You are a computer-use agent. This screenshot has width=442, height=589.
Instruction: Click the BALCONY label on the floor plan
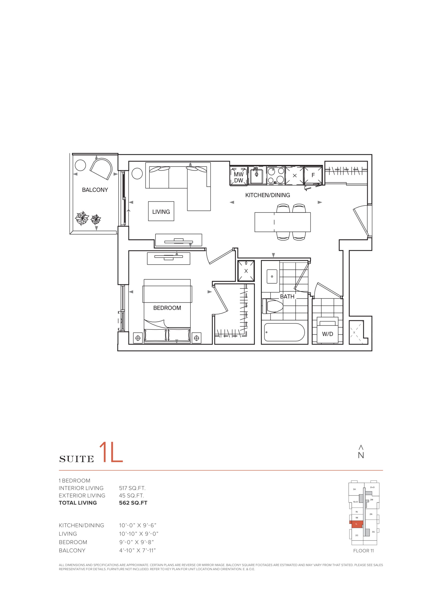(95, 190)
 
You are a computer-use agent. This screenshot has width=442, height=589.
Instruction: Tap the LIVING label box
(161, 211)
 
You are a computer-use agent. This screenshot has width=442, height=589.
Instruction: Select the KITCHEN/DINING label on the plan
(268, 195)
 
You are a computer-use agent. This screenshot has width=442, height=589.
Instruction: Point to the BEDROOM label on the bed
(167, 308)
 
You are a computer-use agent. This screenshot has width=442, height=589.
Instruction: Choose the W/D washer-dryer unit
(327, 330)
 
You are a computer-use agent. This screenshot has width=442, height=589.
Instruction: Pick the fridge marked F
(313, 175)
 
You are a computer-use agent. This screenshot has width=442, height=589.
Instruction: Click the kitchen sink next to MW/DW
(257, 176)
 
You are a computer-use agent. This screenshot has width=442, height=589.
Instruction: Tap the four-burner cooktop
(276, 176)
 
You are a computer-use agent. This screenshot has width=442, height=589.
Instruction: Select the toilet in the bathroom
(272, 306)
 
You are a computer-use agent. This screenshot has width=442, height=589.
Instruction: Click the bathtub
(284, 332)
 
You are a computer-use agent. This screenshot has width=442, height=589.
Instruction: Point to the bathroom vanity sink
(272, 276)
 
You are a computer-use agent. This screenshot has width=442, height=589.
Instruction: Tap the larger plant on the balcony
(82, 218)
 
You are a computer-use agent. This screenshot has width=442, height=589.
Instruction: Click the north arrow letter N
(361, 455)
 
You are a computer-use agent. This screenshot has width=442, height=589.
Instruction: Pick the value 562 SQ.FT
(133, 503)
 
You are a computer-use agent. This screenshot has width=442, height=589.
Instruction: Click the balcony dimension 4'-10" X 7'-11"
(137, 550)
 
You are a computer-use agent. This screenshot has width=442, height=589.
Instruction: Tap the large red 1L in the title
(111, 452)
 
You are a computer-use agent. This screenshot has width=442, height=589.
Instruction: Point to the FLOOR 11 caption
(363, 551)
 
